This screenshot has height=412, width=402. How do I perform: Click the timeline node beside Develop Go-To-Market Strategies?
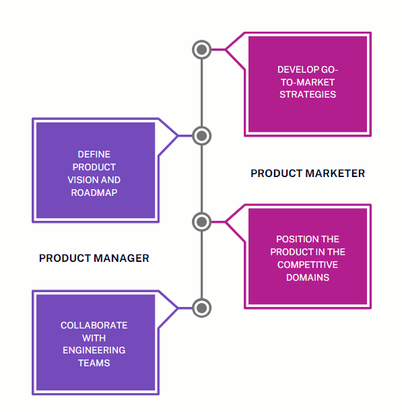click(x=201, y=49)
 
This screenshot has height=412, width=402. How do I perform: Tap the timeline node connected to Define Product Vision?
click(x=201, y=135)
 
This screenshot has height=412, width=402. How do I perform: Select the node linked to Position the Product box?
click(x=201, y=221)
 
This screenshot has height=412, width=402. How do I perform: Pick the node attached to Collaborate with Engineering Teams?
click(x=201, y=308)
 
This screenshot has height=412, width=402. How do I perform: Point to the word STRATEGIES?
click(x=307, y=95)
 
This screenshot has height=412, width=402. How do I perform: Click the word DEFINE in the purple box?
click(x=94, y=154)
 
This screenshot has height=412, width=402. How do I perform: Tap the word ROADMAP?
click(x=94, y=193)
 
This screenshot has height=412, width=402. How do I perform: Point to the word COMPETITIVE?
click(x=307, y=265)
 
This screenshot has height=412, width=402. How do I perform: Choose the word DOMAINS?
click(x=307, y=277)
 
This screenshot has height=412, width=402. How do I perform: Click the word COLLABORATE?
click(x=94, y=325)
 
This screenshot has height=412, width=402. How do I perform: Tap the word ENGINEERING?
click(x=94, y=350)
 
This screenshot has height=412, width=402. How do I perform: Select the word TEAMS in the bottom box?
click(x=94, y=363)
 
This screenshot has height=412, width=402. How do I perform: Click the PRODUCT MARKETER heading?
click(x=308, y=174)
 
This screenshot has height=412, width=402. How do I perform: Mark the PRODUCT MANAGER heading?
click(x=94, y=258)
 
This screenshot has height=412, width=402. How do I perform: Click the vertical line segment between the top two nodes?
click(x=201, y=92)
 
